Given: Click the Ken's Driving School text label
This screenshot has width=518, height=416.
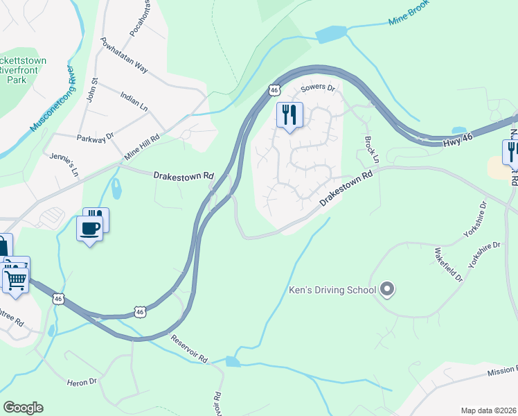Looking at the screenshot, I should click(x=332, y=290).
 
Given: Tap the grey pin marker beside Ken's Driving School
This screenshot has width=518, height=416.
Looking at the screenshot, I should click(x=387, y=289).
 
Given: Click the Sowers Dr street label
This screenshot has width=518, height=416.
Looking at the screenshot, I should click(x=319, y=88).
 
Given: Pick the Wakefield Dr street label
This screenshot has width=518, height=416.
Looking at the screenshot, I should click(x=448, y=264).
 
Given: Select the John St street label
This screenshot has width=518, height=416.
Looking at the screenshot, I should click(x=90, y=91).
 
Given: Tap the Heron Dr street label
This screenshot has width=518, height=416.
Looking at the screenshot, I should click(x=82, y=382).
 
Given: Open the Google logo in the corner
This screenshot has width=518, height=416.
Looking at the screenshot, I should click(x=23, y=408).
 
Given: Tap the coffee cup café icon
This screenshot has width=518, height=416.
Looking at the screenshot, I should click(x=89, y=228).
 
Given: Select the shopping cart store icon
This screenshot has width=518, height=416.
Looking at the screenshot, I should click(x=15, y=279).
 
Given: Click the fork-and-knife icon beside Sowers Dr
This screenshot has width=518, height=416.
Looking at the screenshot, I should click(x=289, y=114).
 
